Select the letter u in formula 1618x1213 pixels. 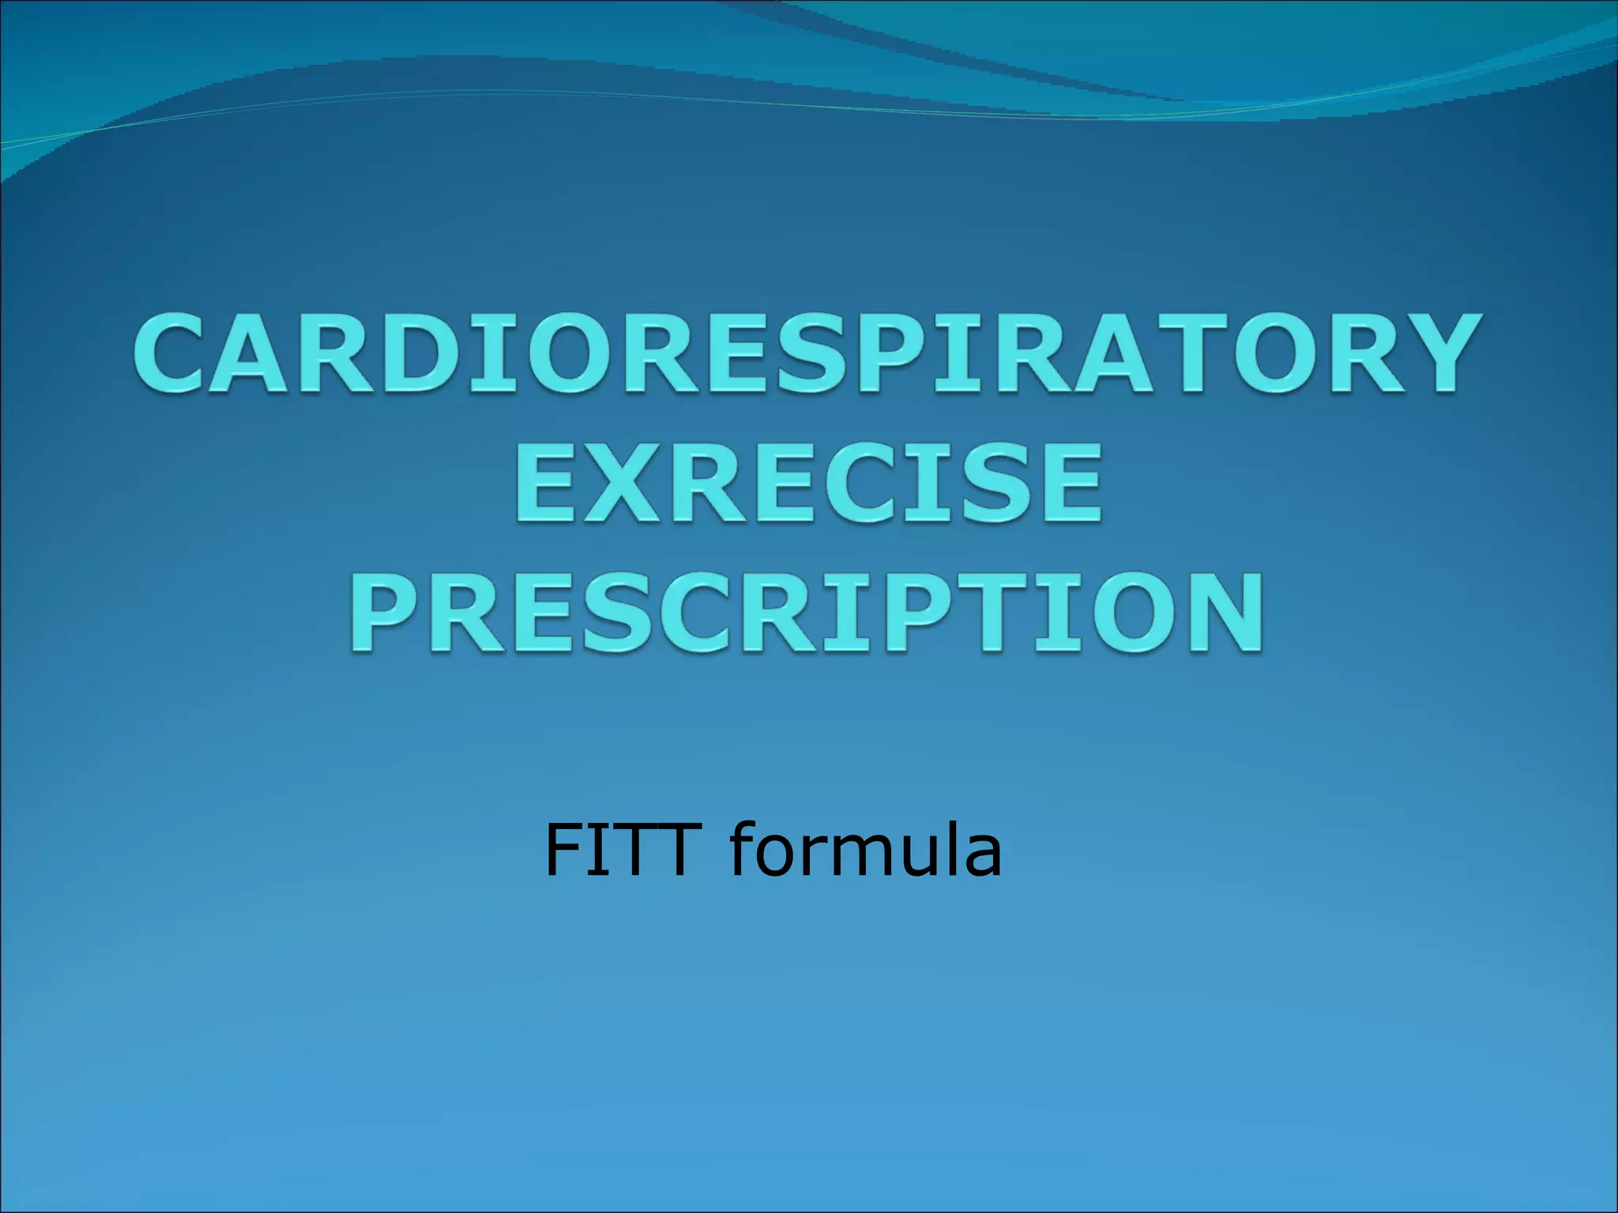click(917, 857)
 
